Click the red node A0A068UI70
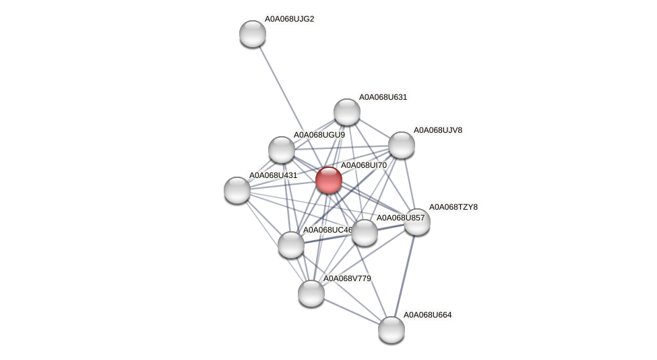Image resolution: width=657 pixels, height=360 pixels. point(328,180)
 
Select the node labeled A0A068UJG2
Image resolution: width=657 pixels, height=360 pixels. point(253,34)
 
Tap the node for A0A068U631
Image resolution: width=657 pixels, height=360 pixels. point(347,112)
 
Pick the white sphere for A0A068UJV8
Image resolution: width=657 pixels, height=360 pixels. point(402,145)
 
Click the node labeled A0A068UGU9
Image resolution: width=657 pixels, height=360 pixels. point(282,150)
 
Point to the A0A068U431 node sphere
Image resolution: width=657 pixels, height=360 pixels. point(237,190)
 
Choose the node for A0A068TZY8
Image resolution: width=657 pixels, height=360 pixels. point(417,222)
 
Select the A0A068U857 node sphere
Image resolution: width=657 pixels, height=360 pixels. point(365,233)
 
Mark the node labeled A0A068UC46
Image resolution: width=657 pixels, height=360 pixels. point(291,244)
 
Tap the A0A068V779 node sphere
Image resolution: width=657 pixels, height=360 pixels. point(311,293)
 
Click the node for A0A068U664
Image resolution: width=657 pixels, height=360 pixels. point(392,330)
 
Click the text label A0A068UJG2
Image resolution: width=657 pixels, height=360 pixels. point(289,19)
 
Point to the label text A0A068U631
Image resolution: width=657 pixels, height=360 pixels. point(383,97)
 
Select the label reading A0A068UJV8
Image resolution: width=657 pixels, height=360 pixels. point(437,130)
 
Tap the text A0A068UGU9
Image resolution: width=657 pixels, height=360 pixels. point(319,135)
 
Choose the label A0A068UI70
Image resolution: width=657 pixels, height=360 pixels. point(363,165)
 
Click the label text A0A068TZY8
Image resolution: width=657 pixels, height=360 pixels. point(453,207)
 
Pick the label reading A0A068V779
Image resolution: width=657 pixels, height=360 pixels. point(346,278)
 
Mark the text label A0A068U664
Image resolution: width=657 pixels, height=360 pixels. point(427,315)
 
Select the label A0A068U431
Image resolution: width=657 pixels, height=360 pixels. point(273,175)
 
